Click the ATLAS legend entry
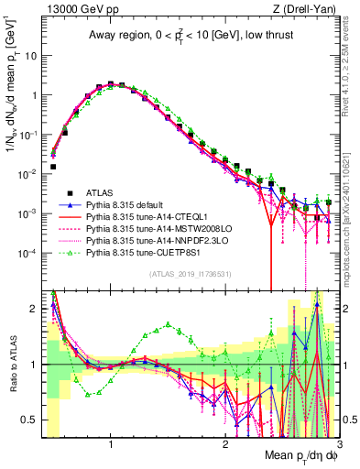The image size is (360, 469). click(101, 192)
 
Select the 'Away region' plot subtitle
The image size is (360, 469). click(186, 36)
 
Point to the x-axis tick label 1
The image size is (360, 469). click(110, 442)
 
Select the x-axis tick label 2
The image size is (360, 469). click(225, 442)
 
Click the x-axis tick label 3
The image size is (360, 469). click(338, 442)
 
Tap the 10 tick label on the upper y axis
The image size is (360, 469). click(30, 55)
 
